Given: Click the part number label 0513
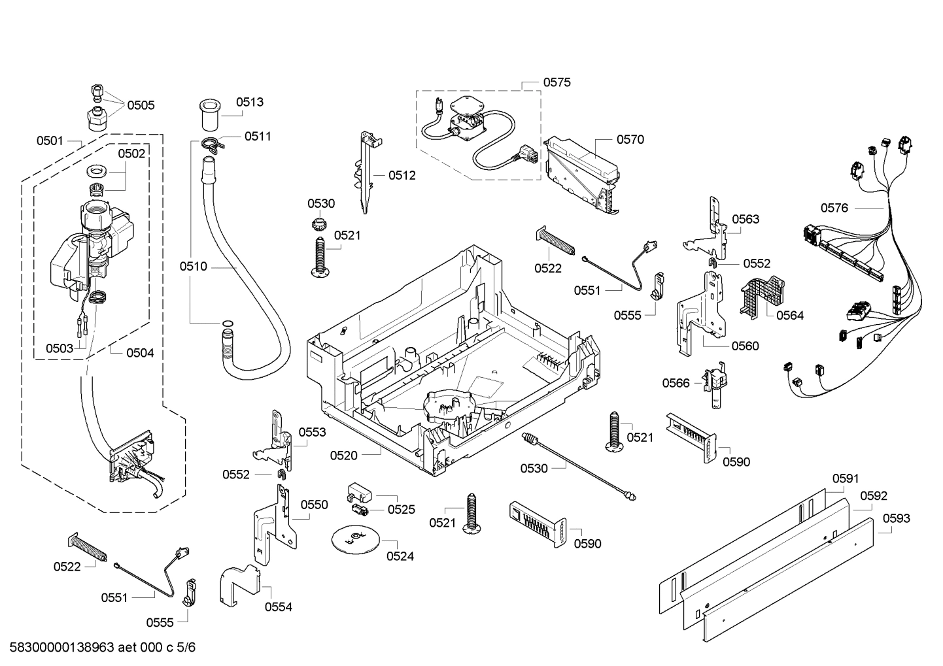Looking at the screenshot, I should tap(249, 102).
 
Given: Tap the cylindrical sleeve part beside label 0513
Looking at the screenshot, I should tap(209, 115).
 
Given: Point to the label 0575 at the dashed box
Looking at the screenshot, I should tap(557, 82).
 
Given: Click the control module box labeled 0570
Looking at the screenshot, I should tap(582, 175).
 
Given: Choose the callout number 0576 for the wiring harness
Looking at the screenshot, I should tap(834, 208).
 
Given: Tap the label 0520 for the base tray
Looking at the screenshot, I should tap(343, 456).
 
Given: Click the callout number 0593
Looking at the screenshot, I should tap(896, 518).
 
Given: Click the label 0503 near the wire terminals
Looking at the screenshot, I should tap(60, 348).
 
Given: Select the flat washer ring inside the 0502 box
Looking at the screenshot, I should tap(98, 171).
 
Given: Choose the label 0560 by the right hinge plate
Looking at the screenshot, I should tap(745, 346).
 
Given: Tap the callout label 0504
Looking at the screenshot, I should tap(140, 353).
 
